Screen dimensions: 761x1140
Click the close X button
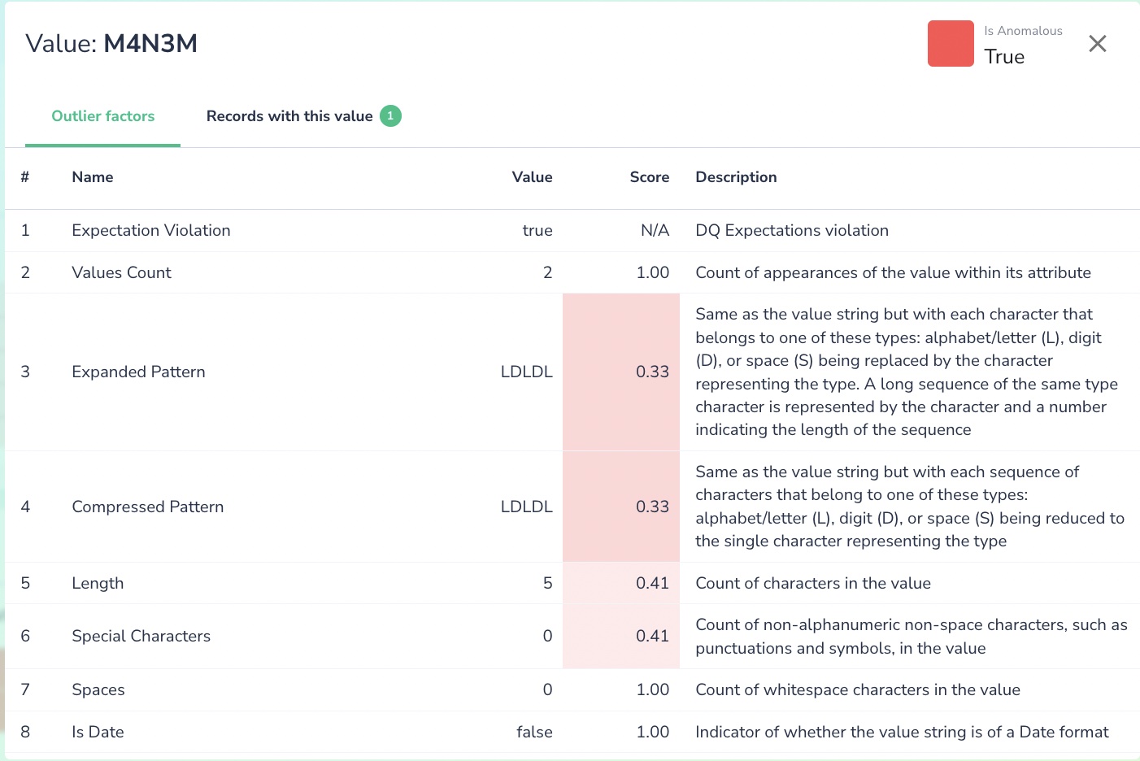1097,44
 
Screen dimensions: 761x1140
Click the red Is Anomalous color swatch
950,44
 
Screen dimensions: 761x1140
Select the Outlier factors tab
103,116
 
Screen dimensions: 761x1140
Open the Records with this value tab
289,116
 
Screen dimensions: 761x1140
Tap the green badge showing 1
390,116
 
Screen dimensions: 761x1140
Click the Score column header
649,177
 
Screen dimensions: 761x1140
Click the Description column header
736,177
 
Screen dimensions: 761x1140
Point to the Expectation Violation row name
151,231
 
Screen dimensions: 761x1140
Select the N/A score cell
655,231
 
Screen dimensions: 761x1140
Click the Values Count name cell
121,273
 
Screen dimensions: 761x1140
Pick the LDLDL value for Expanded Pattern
526,372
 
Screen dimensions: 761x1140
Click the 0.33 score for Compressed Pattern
652,507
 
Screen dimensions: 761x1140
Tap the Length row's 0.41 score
652,584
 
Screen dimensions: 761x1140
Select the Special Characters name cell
141,637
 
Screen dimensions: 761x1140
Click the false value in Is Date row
534,733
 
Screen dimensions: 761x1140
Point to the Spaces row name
98,690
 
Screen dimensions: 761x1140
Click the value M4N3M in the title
150,44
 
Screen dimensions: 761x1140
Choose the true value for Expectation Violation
537,231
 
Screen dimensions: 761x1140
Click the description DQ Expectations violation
791,231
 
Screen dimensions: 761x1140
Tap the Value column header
532,177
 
